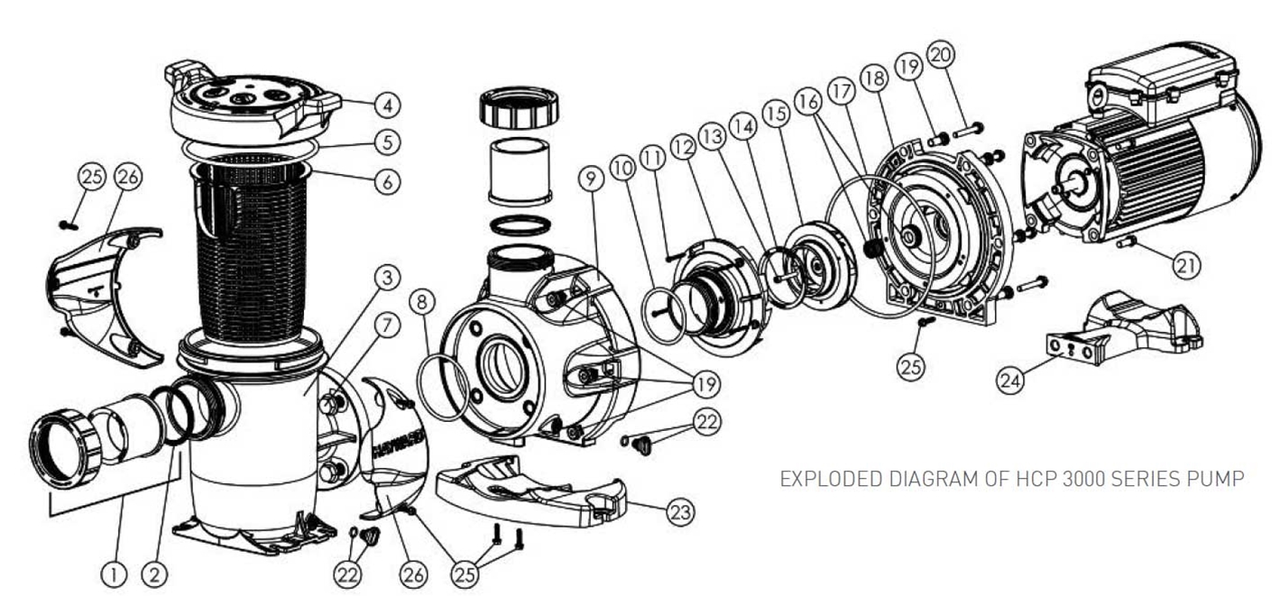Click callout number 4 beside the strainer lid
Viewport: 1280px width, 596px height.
tap(387, 105)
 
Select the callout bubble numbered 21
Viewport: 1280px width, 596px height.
tap(1187, 264)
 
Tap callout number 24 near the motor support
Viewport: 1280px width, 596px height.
tap(1011, 381)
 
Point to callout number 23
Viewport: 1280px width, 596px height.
tap(681, 512)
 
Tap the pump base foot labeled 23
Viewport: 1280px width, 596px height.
tap(532, 494)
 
